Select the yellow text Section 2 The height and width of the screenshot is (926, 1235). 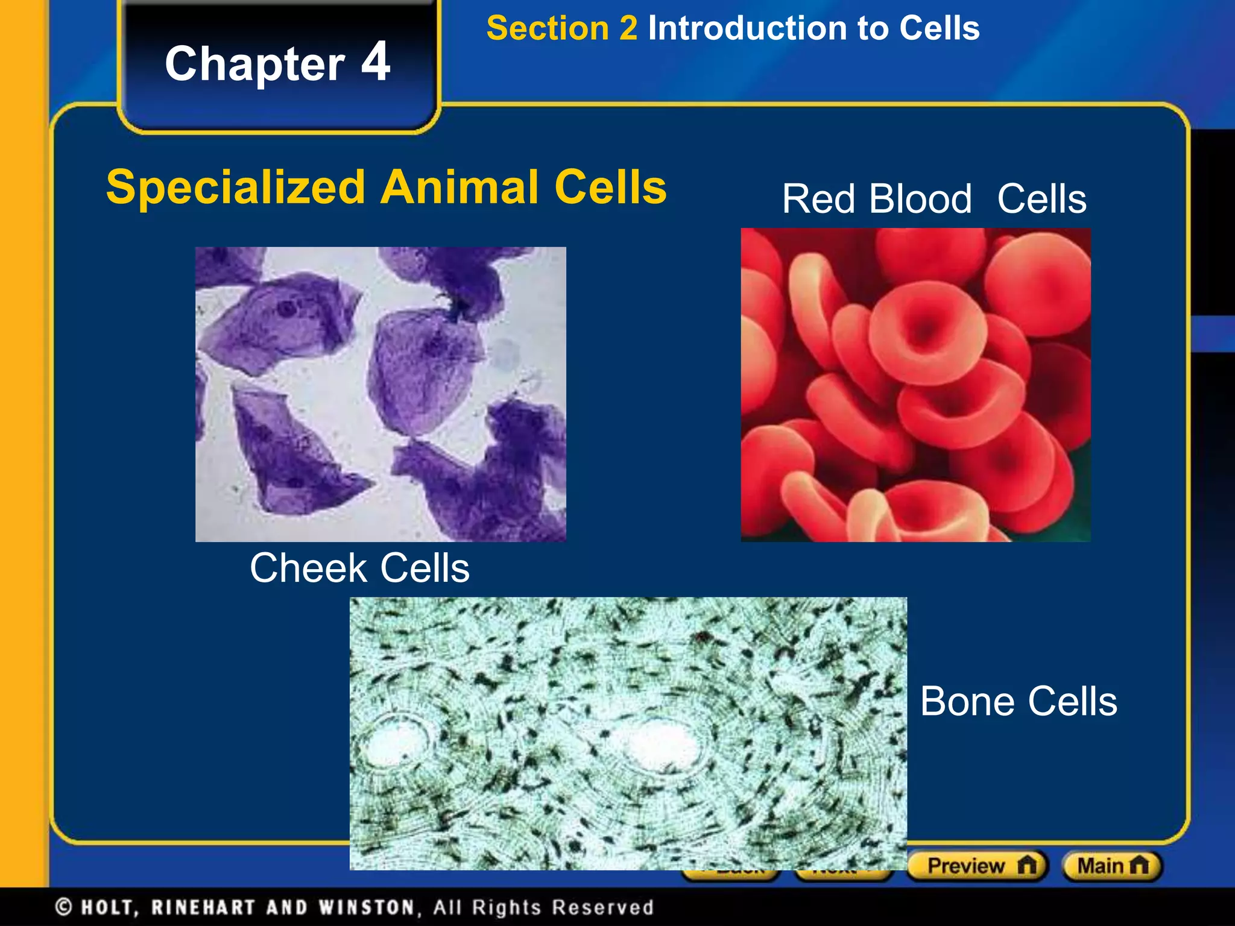[x=561, y=28]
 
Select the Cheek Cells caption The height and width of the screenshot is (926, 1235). [x=359, y=568]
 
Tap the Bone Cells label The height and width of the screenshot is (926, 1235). [x=1019, y=701]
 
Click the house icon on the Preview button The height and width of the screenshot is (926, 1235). [x=1026, y=866]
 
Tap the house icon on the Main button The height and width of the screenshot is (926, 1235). [x=1139, y=866]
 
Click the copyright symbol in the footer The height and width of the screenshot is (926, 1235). [x=63, y=907]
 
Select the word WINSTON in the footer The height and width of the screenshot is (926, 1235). [x=367, y=907]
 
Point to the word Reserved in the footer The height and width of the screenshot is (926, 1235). [x=602, y=907]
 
